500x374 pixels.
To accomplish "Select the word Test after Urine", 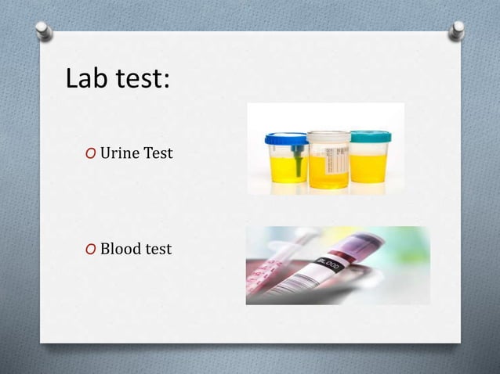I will pyautogui.click(x=158, y=153).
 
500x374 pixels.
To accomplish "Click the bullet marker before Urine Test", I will pyautogui.click(x=92, y=153).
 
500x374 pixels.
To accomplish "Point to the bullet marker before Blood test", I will pyautogui.click(x=92, y=250).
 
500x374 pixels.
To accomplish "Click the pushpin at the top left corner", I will pyautogui.click(x=45, y=31).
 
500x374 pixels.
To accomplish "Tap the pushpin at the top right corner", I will pyautogui.click(x=457, y=30).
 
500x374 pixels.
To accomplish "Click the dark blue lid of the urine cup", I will pyautogui.click(x=286, y=139).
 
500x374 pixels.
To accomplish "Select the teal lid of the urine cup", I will pyautogui.click(x=370, y=136).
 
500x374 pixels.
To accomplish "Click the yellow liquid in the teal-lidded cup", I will pyautogui.click(x=368, y=167).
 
